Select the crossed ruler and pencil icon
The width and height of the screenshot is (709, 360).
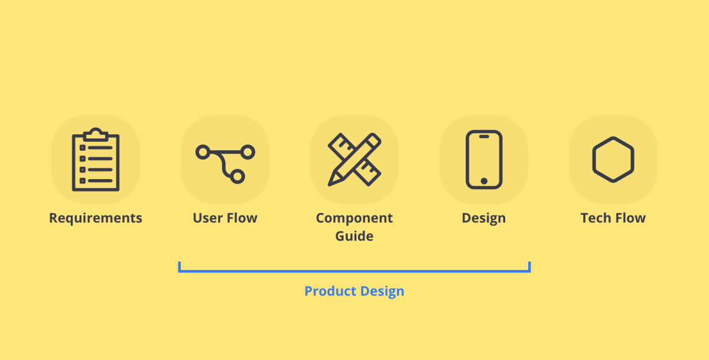pos(354,160)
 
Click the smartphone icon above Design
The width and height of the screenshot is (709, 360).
pos(484,160)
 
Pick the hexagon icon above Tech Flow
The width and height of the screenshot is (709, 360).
pos(613,160)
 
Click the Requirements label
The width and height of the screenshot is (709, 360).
pos(96,218)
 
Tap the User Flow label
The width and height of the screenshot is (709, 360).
pos(225,218)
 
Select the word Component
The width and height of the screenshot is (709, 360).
pos(354,218)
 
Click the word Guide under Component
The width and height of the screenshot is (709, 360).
pos(354,236)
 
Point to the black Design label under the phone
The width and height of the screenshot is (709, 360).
pos(484,218)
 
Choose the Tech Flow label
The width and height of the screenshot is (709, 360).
pos(613,218)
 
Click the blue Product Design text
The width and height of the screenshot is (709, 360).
pos(354,291)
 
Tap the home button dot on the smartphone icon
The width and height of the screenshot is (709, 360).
pos(484,181)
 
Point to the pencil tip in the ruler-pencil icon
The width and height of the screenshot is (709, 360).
pos(331,182)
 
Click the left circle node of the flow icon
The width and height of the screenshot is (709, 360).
pos(203,153)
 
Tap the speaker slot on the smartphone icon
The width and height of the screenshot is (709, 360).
pos(484,137)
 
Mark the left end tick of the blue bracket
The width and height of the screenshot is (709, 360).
pos(179,267)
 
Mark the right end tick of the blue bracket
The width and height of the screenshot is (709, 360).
pos(529,267)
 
